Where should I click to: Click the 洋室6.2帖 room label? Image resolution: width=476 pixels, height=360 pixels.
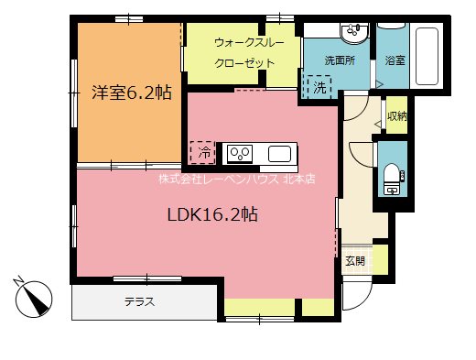pyautogui.click(x=131, y=92)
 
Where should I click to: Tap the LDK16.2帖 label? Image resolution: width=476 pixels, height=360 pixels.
pyautogui.click(x=211, y=216)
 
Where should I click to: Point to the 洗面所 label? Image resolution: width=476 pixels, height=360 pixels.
pyautogui.click(x=338, y=60)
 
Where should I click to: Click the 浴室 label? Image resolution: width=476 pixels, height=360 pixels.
pyautogui.click(x=395, y=60)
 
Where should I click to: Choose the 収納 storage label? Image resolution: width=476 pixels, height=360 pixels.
pyautogui.click(x=395, y=116)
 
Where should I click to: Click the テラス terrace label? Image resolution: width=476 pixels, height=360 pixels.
pyautogui.click(x=139, y=302)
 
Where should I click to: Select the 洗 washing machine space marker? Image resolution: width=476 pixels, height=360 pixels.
pyautogui.click(x=319, y=88)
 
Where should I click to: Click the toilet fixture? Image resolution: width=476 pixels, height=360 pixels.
pyautogui.click(x=391, y=178)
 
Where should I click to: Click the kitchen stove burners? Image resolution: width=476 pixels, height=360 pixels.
pyautogui.click(x=241, y=152)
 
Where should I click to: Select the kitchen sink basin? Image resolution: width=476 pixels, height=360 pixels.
pyautogui.click(x=278, y=152)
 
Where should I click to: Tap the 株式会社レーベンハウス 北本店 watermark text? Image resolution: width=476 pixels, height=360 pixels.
pyautogui.click(x=236, y=180)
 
